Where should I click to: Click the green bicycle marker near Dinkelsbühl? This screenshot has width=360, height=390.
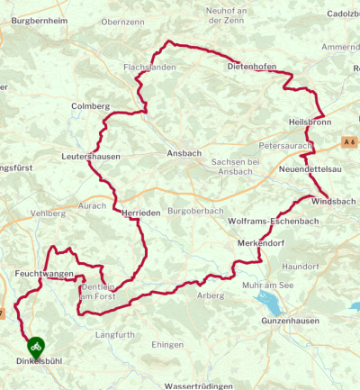pyautogui.click(x=35, y=344)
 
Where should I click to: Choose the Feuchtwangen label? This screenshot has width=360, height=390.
pyautogui.click(x=37, y=272)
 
